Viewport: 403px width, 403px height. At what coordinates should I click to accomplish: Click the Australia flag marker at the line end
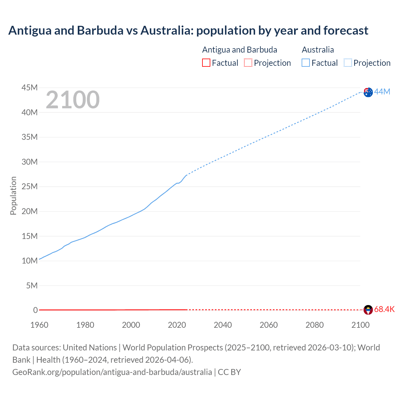tap(368, 92)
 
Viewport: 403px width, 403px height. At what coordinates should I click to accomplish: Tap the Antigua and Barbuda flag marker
tap(368, 310)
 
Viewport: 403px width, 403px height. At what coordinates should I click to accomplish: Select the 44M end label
tap(382, 92)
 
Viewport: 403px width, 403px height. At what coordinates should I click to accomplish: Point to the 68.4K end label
tap(384, 309)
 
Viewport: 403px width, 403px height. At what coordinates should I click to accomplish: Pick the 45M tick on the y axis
tap(29, 88)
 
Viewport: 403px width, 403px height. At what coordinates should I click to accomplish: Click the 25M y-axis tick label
tap(29, 187)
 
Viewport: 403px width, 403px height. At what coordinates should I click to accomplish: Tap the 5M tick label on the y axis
tap(32, 286)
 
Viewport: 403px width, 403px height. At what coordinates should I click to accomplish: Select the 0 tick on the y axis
tap(35, 310)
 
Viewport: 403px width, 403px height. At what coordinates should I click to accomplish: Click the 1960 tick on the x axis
tap(39, 325)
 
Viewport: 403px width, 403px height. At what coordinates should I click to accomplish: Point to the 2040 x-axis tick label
tap(223, 325)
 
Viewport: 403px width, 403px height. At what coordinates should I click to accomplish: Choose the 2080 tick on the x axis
tap(315, 325)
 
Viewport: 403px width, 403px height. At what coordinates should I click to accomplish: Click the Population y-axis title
tap(13, 196)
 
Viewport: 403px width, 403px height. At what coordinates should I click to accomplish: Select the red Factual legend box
tap(206, 63)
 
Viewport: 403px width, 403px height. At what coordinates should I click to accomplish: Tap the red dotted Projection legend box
tap(248, 63)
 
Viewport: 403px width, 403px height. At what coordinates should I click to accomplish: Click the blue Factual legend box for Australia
tap(306, 63)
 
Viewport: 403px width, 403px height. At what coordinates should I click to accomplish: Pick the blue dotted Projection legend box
tap(348, 63)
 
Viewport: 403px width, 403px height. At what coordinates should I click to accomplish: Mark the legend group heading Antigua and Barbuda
tap(240, 50)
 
